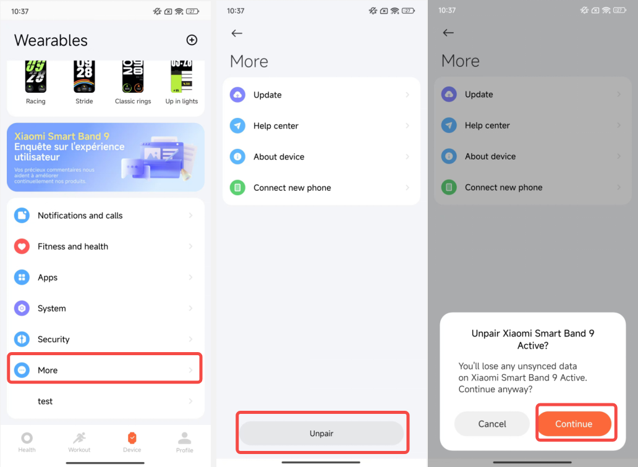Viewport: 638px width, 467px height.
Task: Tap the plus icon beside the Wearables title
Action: (x=192, y=40)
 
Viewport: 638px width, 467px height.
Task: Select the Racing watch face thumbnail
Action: (x=36, y=77)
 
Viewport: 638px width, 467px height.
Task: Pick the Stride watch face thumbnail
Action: (x=84, y=77)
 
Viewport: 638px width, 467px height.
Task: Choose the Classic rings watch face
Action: (x=133, y=77)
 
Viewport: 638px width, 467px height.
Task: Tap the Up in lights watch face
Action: (x=182, y=77)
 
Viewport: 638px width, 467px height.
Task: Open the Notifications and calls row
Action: (x=105, y=216)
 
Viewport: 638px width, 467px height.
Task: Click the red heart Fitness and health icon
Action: (x=22, y=246)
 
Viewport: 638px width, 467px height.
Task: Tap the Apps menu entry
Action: (x=105, y=277)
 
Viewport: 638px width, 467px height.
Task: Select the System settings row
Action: (x=105, y=308)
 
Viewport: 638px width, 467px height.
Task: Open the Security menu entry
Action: (x=105, y=339)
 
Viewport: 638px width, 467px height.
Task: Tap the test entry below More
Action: (x=105, y=401)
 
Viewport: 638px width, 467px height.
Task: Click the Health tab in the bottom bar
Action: (x=27, y=442)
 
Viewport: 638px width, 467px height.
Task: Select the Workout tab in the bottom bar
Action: (x=79, y=442)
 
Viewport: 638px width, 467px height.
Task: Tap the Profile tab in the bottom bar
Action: (x=184, y=442)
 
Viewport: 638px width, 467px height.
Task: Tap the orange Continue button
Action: (x=574, y=424)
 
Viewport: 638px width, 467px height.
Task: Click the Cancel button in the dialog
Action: (x=492, y=424)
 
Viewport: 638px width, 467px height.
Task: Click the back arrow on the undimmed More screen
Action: (x=237, y=33)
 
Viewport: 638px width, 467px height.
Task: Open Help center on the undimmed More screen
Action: (x=321, y=125)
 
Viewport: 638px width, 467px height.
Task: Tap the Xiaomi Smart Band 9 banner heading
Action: (x=62, y=136)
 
